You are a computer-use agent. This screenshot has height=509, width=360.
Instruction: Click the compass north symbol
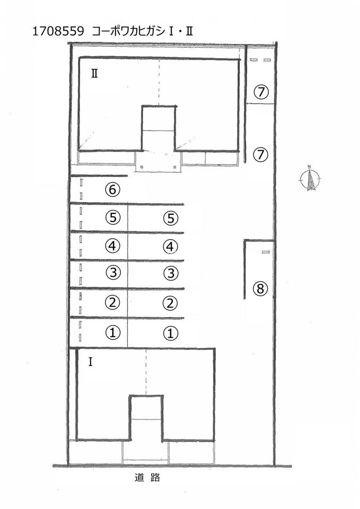(310, 178)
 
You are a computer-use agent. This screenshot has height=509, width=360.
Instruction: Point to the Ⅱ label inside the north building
(94, 74)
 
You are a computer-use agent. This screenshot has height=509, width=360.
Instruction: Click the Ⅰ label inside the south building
(90, 362)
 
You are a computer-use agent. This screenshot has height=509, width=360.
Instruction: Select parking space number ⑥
(112, 189)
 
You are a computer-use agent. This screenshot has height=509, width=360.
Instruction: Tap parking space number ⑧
(260, 288)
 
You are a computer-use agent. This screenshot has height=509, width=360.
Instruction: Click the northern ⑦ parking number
(261, 92)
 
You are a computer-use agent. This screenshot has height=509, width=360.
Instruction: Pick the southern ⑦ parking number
(261, 154)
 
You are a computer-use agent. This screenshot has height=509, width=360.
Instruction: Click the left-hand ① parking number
(113, 333)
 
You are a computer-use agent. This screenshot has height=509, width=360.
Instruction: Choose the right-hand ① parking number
(170, 334)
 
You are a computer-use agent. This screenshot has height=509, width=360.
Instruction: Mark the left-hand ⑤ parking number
(113, 217)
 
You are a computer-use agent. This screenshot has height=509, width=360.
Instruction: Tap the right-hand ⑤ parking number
(171, 218)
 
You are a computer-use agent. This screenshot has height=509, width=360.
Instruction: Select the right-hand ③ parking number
(171, 273)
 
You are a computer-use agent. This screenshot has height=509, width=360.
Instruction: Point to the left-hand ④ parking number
(112, 245)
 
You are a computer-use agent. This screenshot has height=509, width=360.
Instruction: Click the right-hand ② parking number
(170, 303)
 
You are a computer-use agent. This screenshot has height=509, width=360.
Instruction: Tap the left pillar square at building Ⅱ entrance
(142, 167)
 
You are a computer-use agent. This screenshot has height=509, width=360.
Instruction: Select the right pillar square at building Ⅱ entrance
(175, 167)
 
